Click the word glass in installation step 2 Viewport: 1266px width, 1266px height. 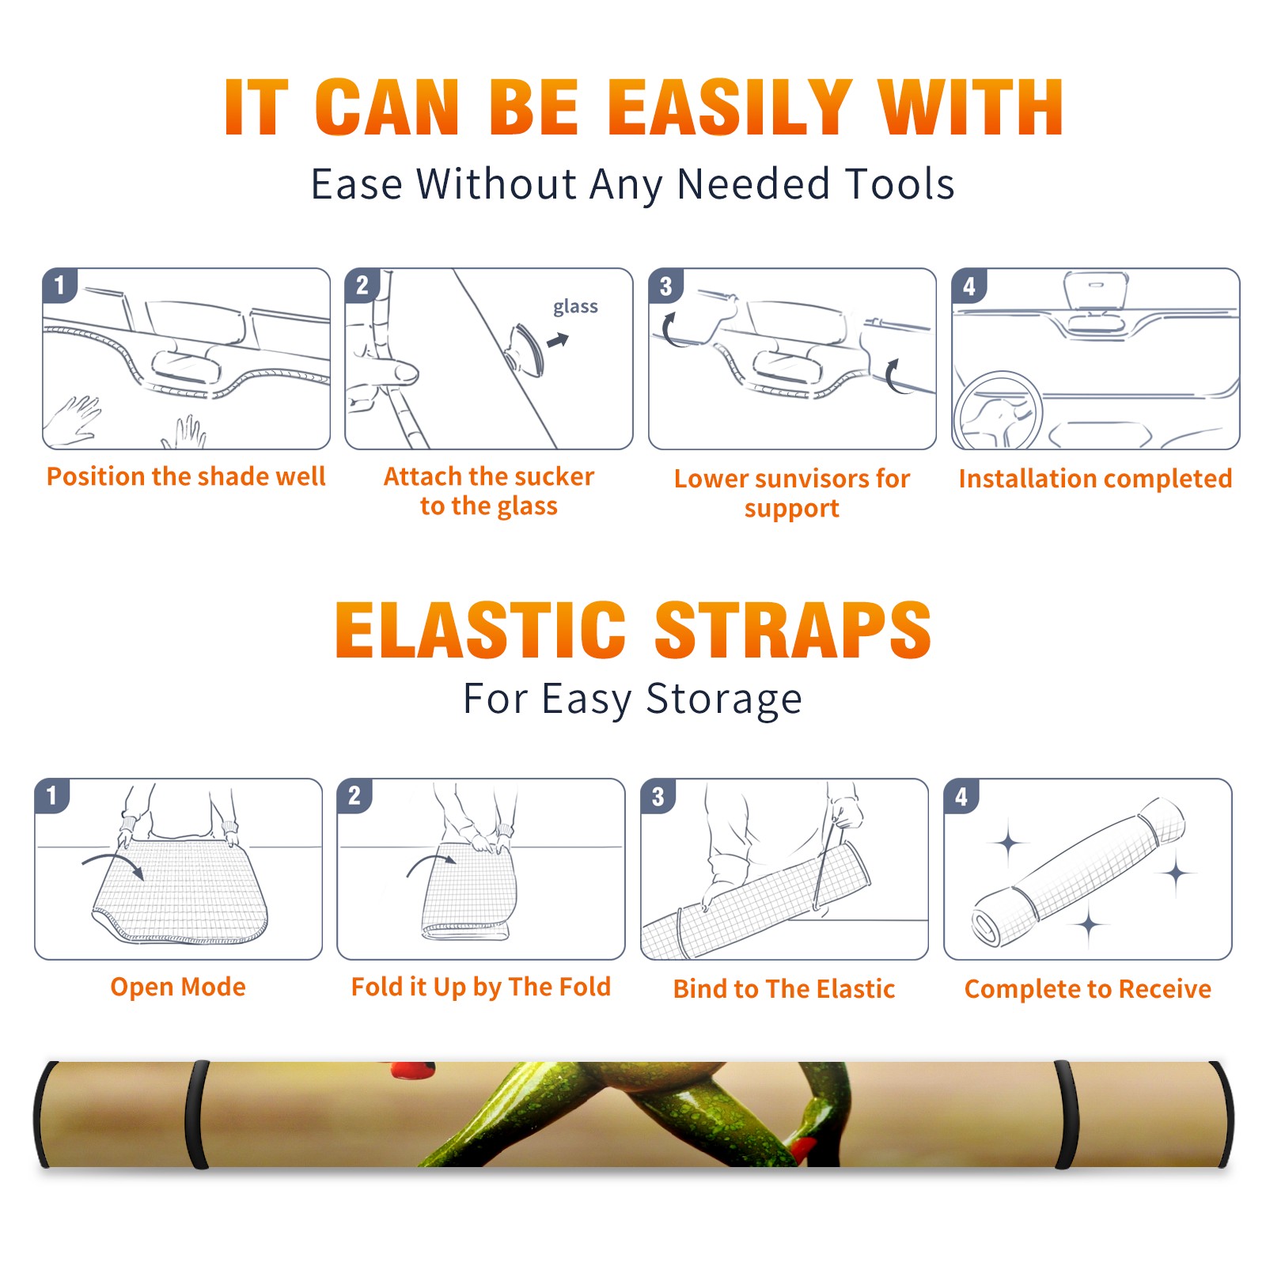pos(575,306)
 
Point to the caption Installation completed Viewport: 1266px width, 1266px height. pos(1095,478)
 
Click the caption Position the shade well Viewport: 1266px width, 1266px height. pos(186,476)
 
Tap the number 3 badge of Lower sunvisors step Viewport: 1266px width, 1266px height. pos(666,286)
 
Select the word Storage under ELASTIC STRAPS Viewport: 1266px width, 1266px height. pos(724,699)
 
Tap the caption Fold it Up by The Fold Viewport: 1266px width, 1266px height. pos(481,987)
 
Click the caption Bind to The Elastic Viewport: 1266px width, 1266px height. pos(784,988)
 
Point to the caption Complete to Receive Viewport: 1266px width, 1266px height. pos(1088,988)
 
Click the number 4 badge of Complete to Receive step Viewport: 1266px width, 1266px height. pos(961,796)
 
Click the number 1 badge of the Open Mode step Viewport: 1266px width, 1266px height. pos(52,795)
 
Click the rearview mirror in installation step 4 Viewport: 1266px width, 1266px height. pos(1095,291)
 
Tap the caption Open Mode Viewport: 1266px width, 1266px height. pos(178,987)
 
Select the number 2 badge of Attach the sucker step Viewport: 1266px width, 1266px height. pos(362,286)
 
